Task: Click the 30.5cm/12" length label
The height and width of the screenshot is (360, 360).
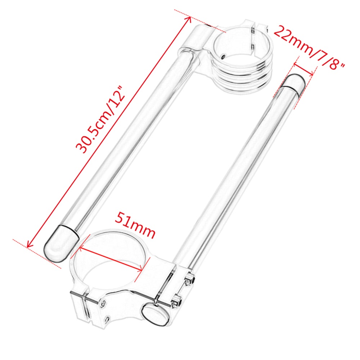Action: [x=100, y=120]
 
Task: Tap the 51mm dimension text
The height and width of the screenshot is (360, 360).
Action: [x=135, y=225]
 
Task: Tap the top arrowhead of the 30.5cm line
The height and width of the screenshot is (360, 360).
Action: [x=189, y=19]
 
